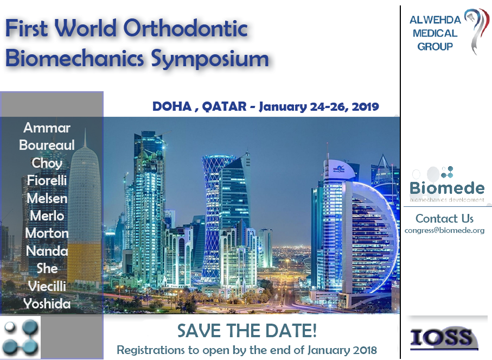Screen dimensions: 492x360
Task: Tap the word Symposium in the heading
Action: coord(210,59)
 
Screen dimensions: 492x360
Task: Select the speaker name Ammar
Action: coord(47,128)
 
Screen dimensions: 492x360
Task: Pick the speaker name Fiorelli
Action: coord(47,180)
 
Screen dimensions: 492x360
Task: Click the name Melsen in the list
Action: coord(47,198)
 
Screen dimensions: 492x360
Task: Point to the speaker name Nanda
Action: coord(47,251)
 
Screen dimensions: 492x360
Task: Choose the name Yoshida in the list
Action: coord(47,304)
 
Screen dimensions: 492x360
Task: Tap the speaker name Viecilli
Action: coord(47,286)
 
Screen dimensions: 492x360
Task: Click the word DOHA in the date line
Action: coord(172,106)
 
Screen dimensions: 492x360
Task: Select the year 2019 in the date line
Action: coord(365,107)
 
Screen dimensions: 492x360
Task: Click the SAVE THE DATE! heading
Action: coord(247,331)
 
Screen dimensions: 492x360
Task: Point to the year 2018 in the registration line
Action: coord(365,350)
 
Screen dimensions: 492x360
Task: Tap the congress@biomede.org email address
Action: coord(444,231)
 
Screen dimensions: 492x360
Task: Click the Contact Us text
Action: coord(444,218)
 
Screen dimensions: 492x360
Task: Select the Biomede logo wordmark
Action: coord(447,188)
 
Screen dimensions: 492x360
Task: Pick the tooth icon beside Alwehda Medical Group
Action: coord(477,31)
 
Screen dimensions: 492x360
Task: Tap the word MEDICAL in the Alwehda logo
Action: coord(435,33)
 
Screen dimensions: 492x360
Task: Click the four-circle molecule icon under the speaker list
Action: coord(21,338)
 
